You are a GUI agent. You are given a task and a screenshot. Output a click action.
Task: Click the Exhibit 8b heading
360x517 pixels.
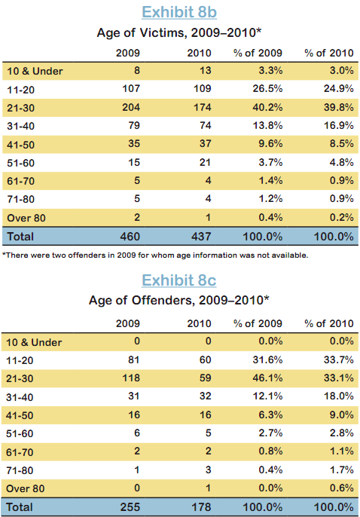pyautogui.click(x=179, y=12)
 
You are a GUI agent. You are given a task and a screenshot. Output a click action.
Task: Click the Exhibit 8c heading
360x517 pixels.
pyautogui.click(x=178, y=280)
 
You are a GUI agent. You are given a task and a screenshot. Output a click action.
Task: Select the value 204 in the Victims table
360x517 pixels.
pyautogui.click(x=131, y=108)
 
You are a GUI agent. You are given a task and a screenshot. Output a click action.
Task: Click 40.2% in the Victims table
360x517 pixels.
pyautogui.click(x=267, y=108)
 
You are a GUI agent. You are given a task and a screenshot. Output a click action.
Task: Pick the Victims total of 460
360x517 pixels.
pyautogui.click(x=130, y=237)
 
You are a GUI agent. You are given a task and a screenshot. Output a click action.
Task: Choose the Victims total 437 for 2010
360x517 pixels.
pyautogui.click(x=201, y=237)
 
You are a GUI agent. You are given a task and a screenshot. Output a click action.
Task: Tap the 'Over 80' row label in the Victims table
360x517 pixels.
pyautogui.click(x=26, y=218)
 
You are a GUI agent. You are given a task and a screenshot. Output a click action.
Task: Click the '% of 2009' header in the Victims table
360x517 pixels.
pyautogui.click(x=258, y=53)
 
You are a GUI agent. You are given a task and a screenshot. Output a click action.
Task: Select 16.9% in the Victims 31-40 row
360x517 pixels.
pyautogui.click(x=339, y=126)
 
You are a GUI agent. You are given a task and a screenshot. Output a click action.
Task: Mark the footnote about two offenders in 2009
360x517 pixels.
pyautogui.click(x=155, y=255)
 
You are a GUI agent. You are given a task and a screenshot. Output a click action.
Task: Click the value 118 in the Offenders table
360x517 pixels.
pyautogui.click(x=131, y=378)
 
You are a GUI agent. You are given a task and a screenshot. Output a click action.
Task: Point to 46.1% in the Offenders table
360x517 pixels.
pyautogui.click(x=267, y=378)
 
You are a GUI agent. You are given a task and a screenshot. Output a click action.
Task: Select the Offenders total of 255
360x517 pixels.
pyautogui.click(x=130, y=507)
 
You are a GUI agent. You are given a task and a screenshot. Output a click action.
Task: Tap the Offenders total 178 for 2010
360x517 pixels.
pyautogui.click(x=201, y=507)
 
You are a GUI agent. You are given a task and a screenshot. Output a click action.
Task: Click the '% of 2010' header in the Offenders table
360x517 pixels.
pyautogui.click(x=329, y=324)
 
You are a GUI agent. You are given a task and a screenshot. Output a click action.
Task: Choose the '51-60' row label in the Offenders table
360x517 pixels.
pyautogui.click(x=20, y=433)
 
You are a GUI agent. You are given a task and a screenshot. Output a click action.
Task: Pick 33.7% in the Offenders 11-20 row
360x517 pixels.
pyautogui.click(x=339, y=359)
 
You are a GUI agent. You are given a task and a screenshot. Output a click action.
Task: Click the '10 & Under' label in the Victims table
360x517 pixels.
pyautogui.click(x=35, y=71)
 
